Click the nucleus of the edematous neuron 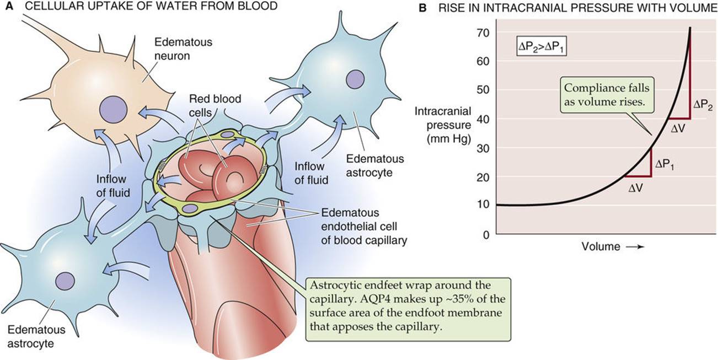[x=113, y=109]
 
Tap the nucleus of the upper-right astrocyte [x=355, y=78]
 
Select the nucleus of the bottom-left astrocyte [x=65, y=282]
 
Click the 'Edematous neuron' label [x=183, y=49]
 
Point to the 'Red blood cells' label [x=215, y=105]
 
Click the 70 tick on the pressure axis [x=483, y=33]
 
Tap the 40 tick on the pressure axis [x=483, y=119]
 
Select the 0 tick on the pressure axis [x=486, y=234]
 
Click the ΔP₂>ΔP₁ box [x=542, y=48]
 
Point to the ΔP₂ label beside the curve [x=703, y=105]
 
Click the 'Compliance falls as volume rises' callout [x=607, y=95]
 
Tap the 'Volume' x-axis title [x=601, y=246]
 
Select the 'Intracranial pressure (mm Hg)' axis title [x=443, y=125]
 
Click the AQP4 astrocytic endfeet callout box [x=408, y=309]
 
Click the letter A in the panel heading [x=9, y=6]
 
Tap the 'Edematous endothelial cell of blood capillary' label [x=364, y=227]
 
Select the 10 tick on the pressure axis [x=483, y=204]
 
